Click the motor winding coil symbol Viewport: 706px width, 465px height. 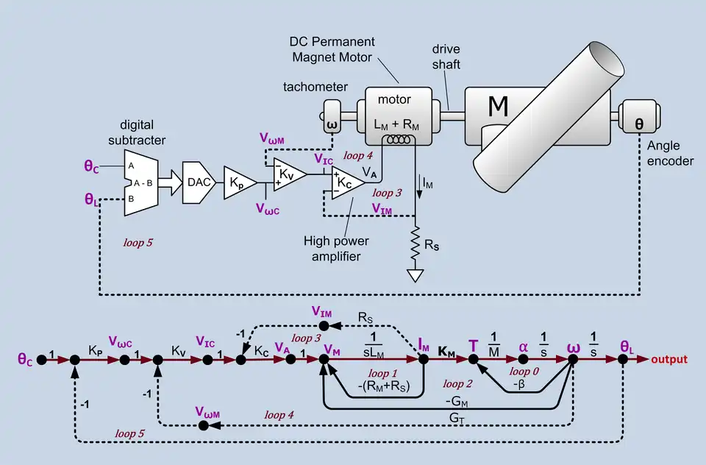coord(402,139)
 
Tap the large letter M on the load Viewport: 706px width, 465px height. coord(498,107)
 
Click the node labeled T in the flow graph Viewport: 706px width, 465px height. coord(474,360)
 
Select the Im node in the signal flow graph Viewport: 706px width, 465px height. coord(424,360)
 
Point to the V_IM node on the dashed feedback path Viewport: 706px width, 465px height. coord(321,324)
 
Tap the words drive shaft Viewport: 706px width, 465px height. coord(446,57)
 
